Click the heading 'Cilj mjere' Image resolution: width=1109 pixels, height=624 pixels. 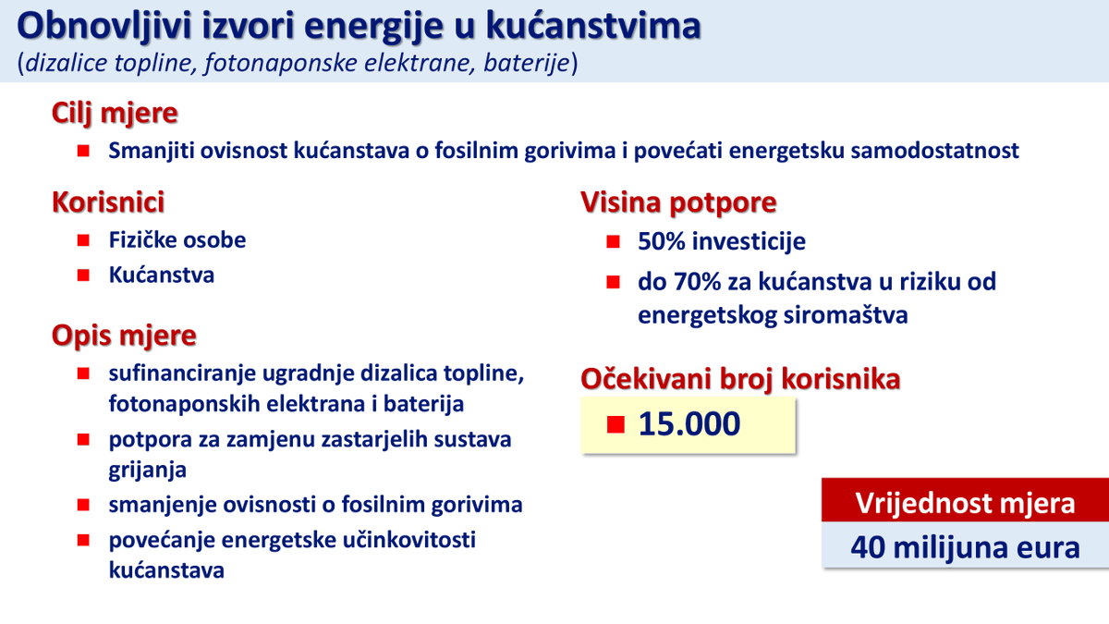(115, 115)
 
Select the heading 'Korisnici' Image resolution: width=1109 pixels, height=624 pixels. (109, 202)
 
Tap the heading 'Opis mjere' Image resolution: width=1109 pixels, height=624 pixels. (124, 334)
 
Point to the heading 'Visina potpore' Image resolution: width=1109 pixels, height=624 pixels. (678, 202)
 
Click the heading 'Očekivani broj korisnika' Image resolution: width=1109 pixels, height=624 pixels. (739, 379)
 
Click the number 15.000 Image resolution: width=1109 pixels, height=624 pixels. (689, 424)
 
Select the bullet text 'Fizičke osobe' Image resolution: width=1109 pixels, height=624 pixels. (177, 240)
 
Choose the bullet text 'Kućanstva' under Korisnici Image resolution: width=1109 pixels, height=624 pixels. (162, 275)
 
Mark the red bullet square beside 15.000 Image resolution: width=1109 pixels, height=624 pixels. (616, 424)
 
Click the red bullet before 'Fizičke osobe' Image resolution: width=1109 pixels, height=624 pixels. (83, 240)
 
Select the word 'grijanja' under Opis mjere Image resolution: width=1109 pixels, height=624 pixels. (148, 470)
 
